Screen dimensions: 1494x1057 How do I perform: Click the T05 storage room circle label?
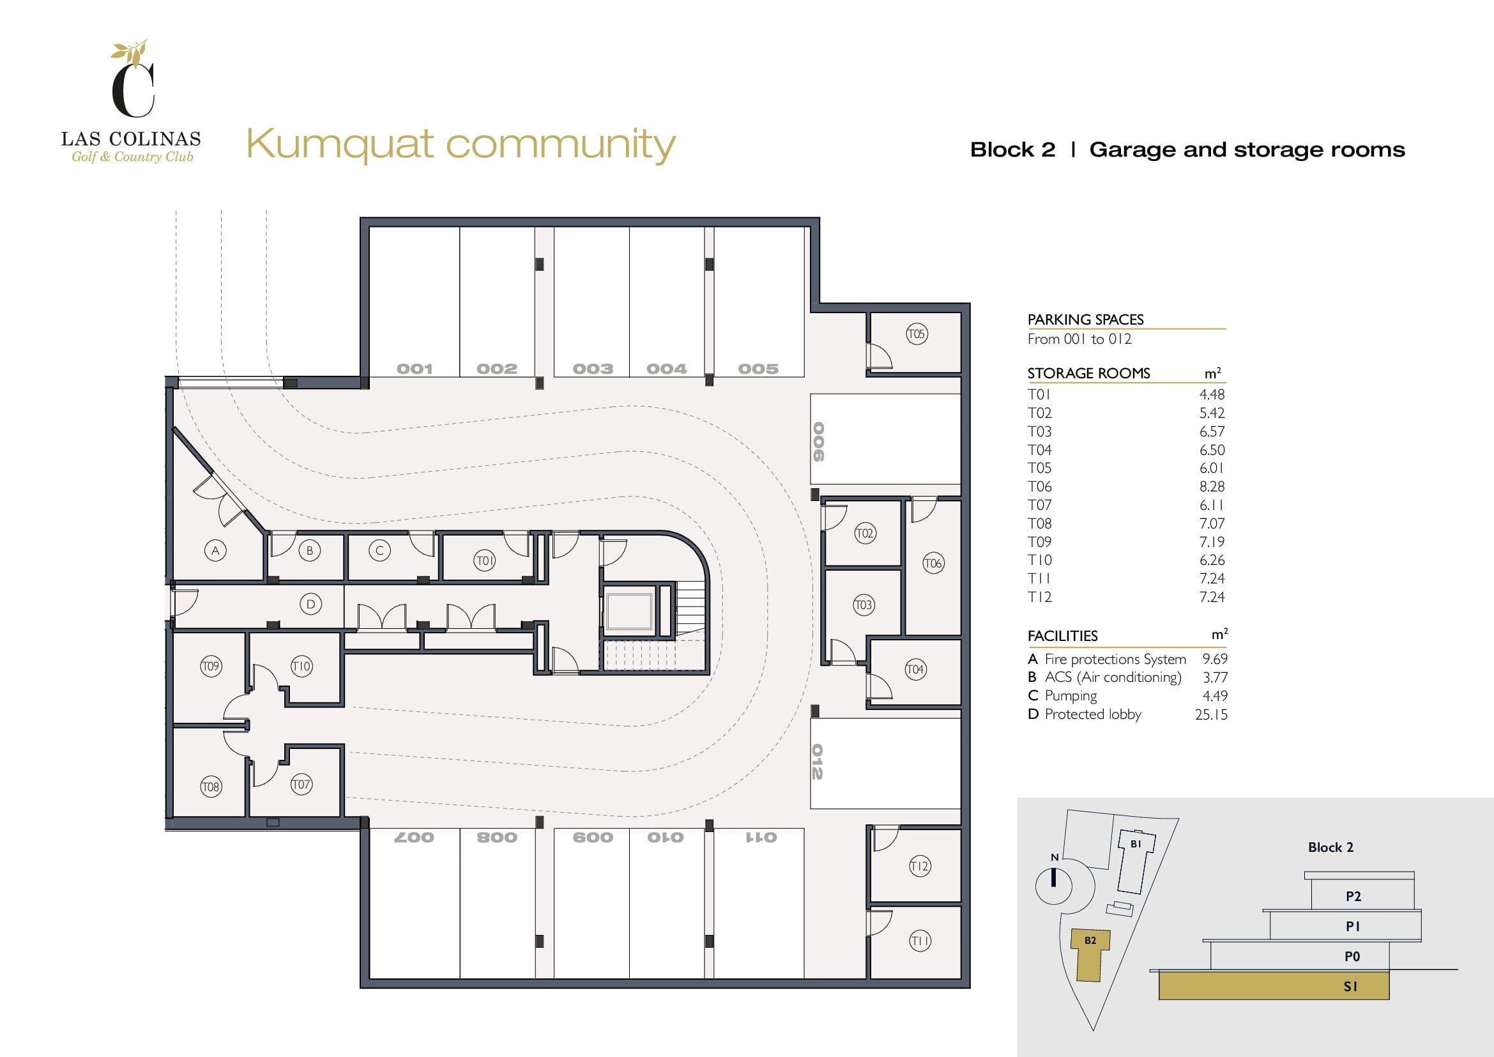[x=916, y=334]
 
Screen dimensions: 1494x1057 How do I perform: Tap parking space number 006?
[x=819, y=442]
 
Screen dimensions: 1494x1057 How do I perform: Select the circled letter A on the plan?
[x=215, y=551]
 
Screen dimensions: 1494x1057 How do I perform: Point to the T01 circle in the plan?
[x=484, y=560]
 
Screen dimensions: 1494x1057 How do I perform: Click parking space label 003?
[x=593, y=369]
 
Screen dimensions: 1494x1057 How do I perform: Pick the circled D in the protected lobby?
[x=310, y=604]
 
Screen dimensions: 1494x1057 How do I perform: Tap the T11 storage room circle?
[x=919, y=941]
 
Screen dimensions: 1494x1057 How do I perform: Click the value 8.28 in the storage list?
[x=1212, y=486]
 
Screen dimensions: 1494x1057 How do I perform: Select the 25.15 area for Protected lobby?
[x=1211, y=714]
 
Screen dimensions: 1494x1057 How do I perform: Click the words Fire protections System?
[x=1115, y=660]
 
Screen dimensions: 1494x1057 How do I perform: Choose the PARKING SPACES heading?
[x=1085, y=320]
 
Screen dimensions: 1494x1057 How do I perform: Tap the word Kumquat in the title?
[x=340, y=144]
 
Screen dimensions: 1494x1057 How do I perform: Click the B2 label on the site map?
[x=1090, y=941]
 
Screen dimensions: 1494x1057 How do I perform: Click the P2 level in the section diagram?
[x=1353, y=896]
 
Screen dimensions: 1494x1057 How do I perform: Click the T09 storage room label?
[x=211, y=666]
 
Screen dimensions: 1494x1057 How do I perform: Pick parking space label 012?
[x=818, y=762]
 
